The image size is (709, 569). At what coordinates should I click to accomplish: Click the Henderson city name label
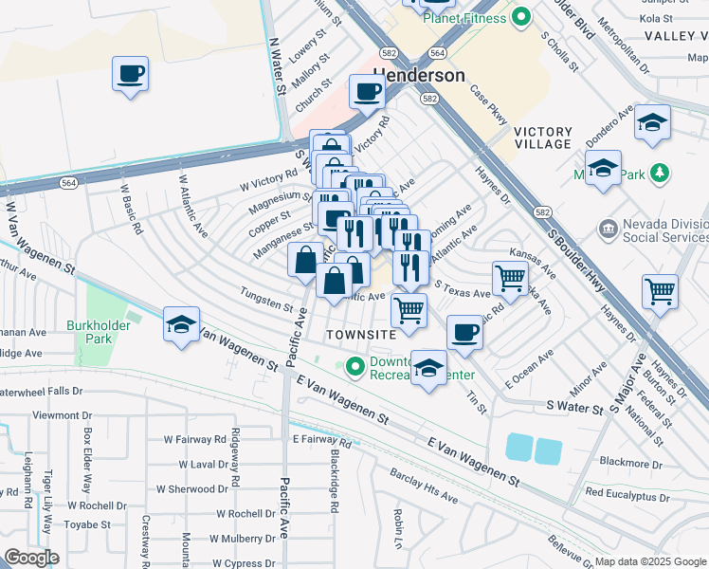[419, 76]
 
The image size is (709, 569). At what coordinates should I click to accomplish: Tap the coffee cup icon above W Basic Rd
[131, 73]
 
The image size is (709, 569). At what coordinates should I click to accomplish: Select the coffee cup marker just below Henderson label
[367, 92]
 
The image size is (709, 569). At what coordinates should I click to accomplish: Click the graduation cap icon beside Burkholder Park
[181, 324]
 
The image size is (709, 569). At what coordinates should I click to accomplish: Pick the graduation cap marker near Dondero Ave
[652, 122]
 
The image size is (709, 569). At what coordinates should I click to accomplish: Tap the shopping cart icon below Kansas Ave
[510, 279]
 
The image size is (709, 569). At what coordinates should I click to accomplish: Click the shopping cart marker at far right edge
[660, 291]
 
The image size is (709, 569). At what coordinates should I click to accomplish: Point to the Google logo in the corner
[31, 557]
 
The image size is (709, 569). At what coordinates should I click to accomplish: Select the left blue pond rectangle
[519, 449]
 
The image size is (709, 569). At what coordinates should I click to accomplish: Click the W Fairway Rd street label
[195, 440]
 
